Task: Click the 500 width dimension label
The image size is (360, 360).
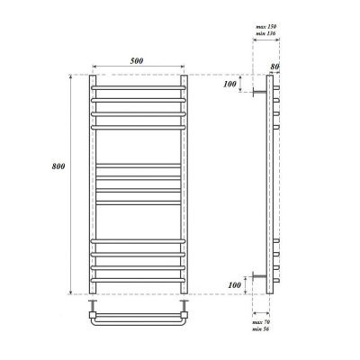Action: pyautogui.click(x=138, y=59)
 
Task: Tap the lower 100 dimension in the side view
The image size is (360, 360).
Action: pyautogui.click(x=233, y=284)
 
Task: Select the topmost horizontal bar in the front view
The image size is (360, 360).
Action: pyautogui.click(x=138, y=88)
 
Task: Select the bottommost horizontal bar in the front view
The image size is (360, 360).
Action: pyautogui.click(x=138, y=278)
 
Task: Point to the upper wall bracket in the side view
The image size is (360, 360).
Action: pyautogui.click(x=259, y=90)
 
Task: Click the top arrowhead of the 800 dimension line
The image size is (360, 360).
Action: pyautogui.click(x=69, y=77)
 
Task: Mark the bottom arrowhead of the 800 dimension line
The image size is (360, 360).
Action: pyautogui.click(x=69, y=292)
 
